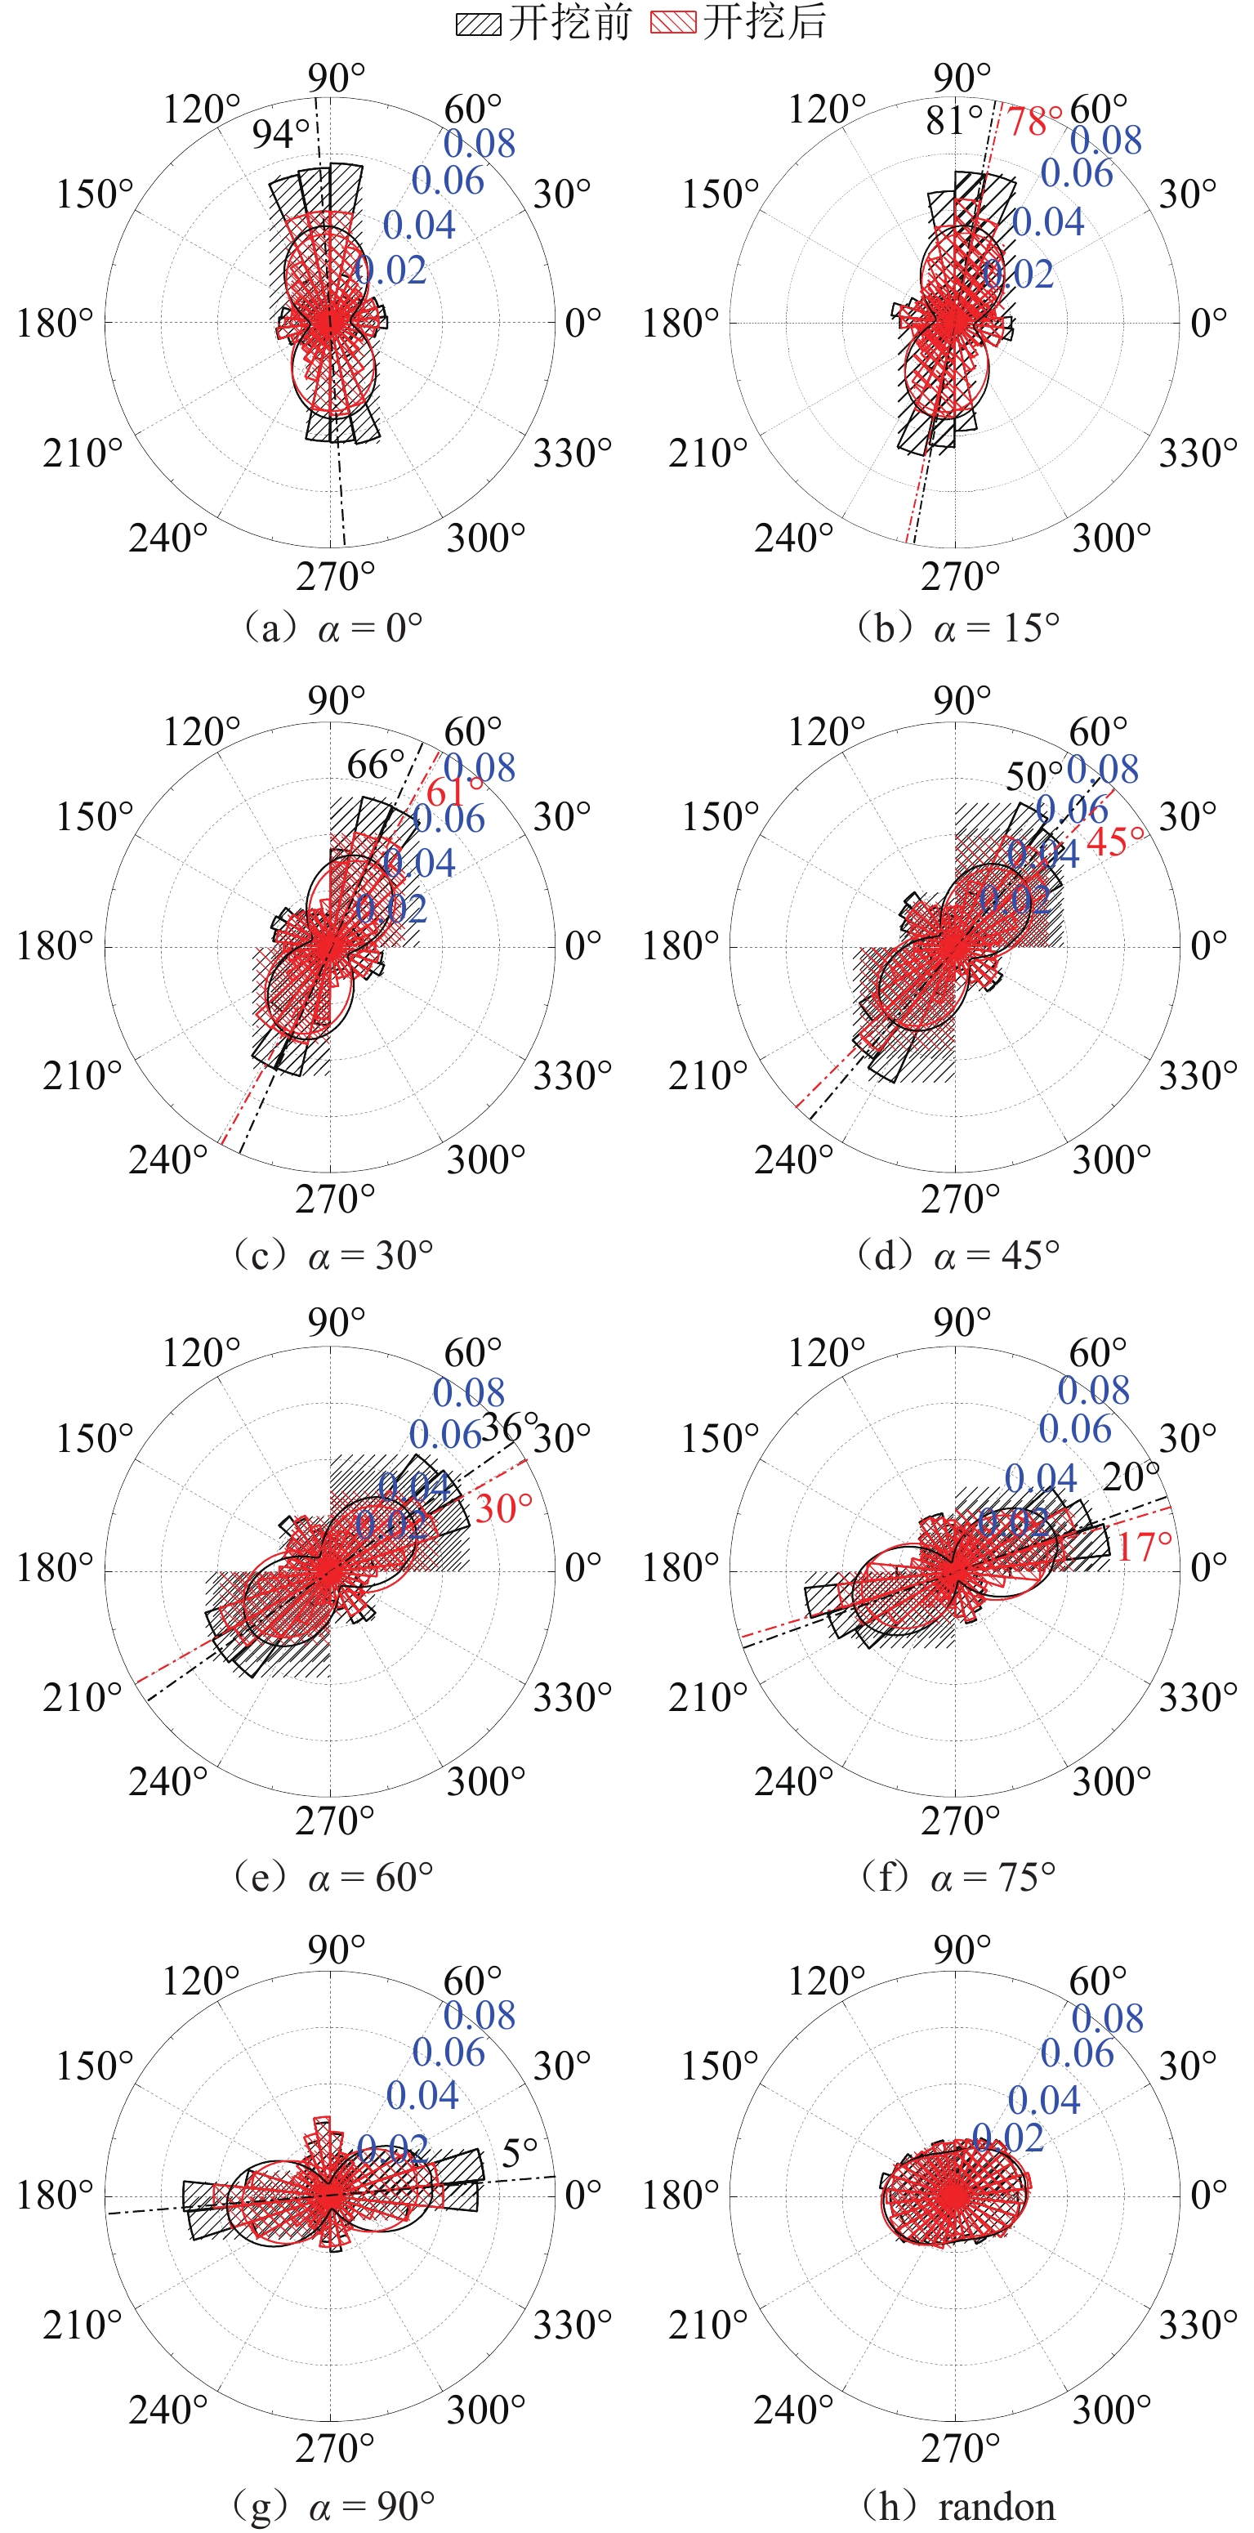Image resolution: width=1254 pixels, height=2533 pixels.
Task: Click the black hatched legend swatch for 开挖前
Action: click(479, 24)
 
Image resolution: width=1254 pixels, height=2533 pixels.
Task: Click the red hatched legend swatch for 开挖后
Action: click(673, 24)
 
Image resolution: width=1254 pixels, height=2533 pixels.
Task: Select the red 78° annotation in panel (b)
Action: click(1034, 122)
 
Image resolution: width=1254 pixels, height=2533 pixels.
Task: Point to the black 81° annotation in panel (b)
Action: click(953, 121)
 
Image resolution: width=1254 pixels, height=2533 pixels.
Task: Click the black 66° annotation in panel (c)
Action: click(376, 764)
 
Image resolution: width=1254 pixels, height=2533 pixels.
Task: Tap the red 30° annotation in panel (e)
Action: click(503, 1508)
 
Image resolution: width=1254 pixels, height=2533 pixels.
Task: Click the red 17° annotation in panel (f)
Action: click(1144, 1547)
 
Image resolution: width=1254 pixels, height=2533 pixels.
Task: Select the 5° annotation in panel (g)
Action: click(519, 2153)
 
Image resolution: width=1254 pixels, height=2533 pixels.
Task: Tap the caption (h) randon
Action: click(958, 2507)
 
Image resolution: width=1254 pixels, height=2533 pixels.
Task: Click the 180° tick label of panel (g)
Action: click(55, 2195)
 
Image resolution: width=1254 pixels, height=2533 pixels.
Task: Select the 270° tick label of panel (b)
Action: click(960, 576)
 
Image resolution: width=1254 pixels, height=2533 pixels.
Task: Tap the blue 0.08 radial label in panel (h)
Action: click(1107, 2019)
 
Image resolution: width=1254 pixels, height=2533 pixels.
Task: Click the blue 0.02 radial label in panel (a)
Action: click(390, 270)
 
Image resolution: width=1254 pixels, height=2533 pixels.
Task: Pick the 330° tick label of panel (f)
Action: click(1198, 1697)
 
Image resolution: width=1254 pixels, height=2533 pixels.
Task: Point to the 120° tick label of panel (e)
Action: click(202, 1353)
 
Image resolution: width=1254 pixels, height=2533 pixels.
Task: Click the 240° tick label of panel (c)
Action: click(168, 1160)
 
